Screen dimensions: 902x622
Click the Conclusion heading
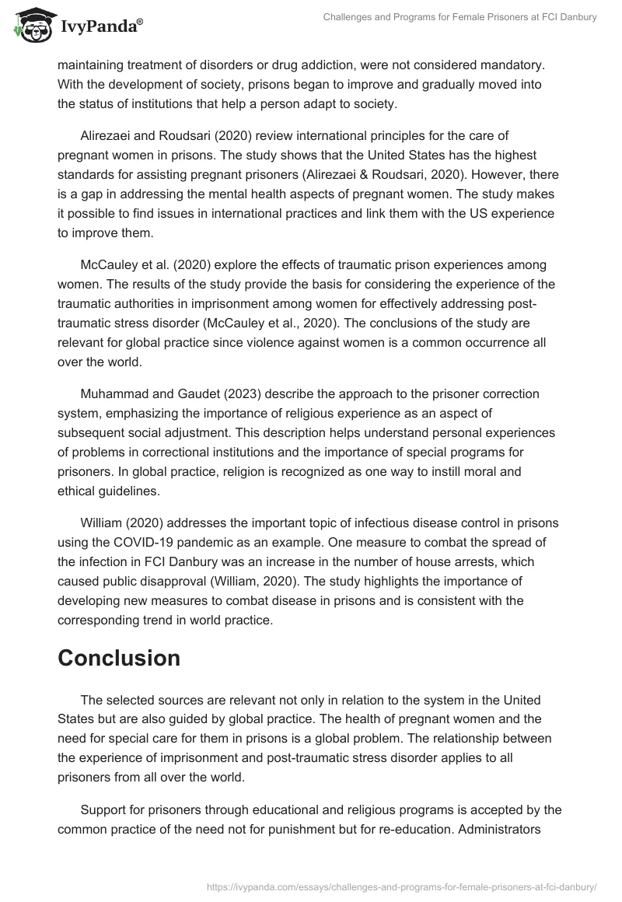click(119, 658)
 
